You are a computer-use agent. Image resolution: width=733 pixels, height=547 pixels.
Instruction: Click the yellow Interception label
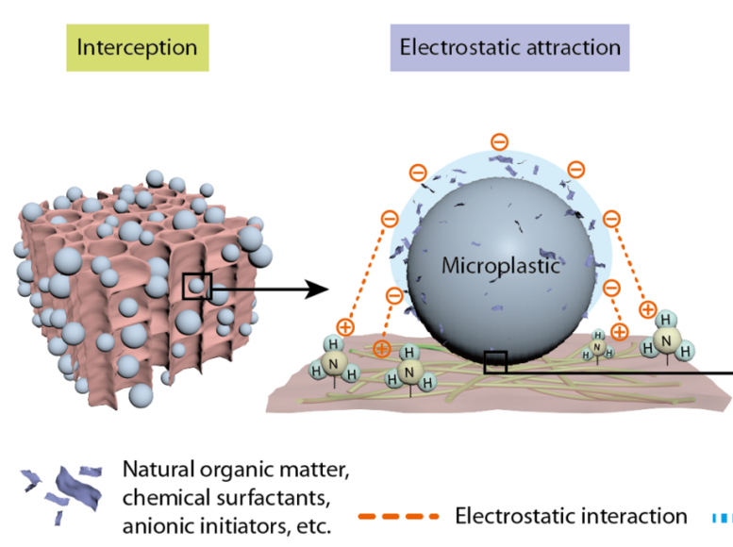point(136,47)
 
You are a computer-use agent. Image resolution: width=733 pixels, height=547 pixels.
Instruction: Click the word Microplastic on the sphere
point(500,267)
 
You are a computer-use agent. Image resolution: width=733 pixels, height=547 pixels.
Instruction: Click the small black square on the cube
point(196,286)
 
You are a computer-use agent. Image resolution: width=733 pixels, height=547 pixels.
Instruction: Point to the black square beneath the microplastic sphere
point(495,362)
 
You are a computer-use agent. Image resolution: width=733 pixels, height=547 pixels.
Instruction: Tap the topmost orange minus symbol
point(500,142)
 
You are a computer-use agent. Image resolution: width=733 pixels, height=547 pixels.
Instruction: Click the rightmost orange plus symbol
point(648,308)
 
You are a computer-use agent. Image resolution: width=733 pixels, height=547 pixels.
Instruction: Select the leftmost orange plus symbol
point(346,327)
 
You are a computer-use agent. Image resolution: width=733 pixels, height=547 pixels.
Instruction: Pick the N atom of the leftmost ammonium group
point(333,361)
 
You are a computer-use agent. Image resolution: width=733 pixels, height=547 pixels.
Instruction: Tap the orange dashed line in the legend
point(399,517)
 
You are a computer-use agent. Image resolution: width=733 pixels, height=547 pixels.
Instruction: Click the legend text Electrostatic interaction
point(571,516)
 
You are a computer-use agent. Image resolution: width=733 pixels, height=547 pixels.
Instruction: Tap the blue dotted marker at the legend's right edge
point(725,517)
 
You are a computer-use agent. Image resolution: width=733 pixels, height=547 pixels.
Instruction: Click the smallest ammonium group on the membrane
point(597,346)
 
